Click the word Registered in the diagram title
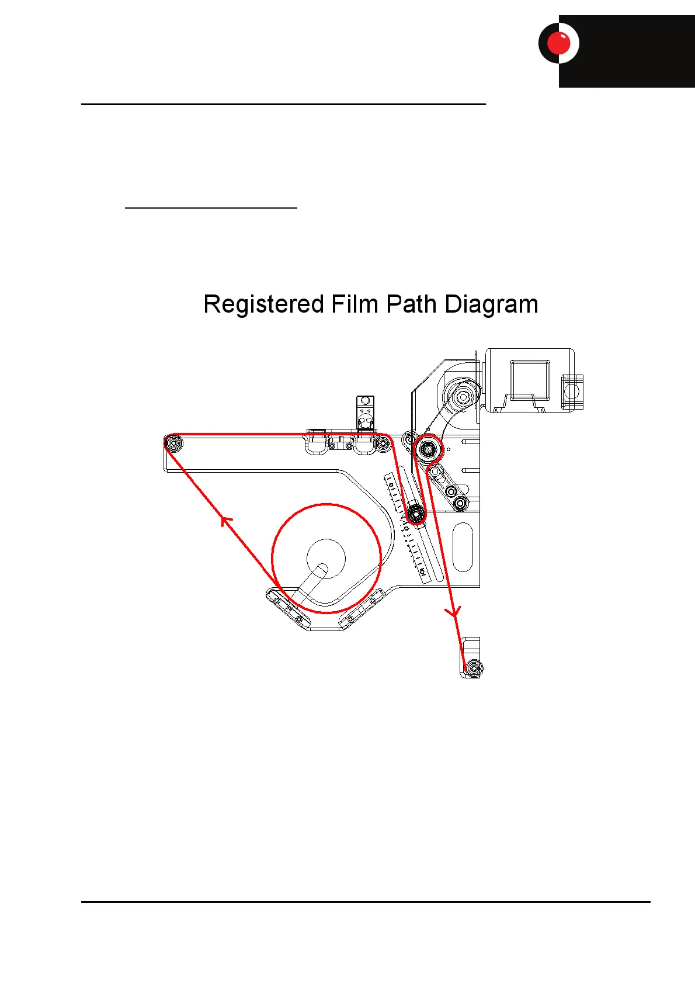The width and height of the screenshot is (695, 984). point(263,305)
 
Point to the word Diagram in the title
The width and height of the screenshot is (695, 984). point(491,305)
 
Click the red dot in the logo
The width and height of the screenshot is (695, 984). point(558,43)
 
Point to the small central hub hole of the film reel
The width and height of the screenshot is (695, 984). point(322,567)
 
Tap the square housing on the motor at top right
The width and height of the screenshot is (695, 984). point(530,380)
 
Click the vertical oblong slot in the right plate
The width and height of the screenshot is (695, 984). point(463,547)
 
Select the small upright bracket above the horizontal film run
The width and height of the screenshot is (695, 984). point(365,413)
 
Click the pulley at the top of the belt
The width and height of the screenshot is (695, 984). point(463,397)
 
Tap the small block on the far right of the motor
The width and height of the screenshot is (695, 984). point(572,391)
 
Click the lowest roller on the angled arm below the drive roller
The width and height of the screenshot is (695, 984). point(460,502)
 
